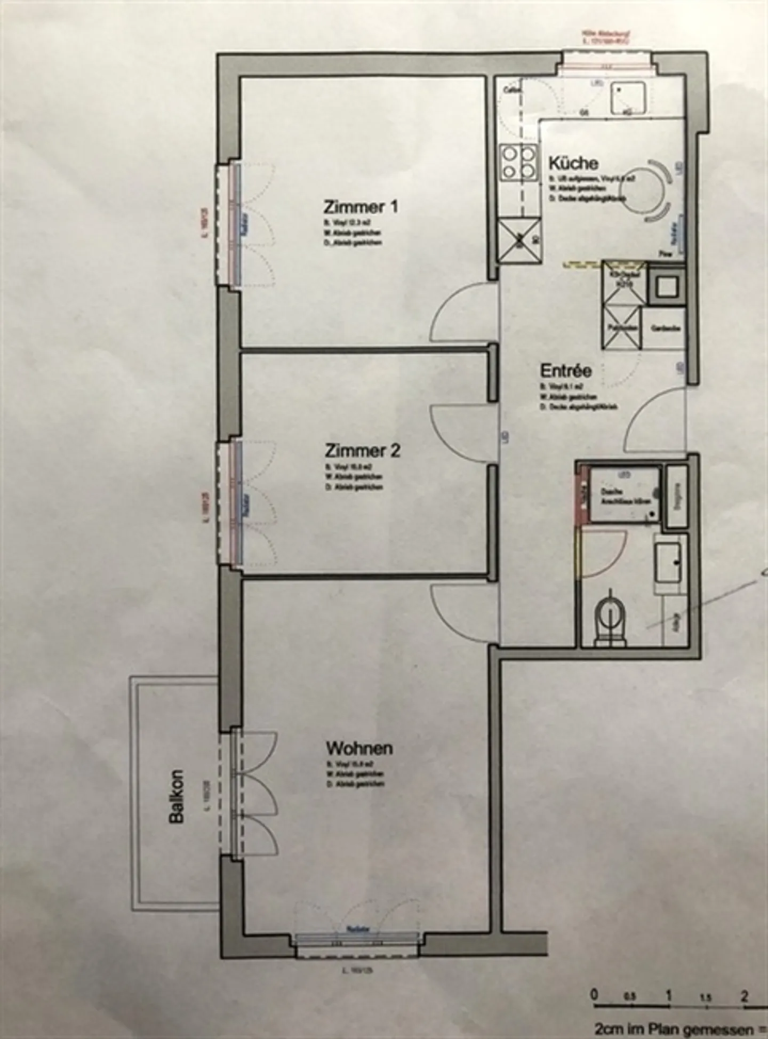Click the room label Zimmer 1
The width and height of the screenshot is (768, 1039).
361,207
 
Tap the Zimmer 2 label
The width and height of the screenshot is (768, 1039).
362,451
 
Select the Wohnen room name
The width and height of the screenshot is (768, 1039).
359,748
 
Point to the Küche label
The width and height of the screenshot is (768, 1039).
573,163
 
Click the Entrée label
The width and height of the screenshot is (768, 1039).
565,370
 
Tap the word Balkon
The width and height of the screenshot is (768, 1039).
176,796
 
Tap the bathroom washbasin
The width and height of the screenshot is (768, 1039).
669,563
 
